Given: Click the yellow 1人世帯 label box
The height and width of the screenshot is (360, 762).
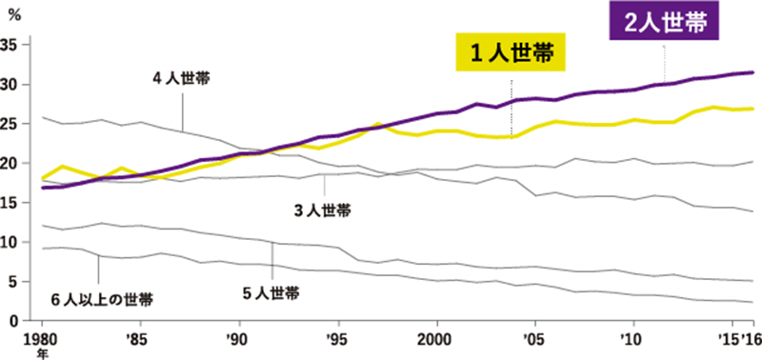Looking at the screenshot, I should [511, 53].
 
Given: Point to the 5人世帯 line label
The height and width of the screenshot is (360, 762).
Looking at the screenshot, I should [271, 293].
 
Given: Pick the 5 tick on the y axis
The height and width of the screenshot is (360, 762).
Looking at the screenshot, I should [14, 282].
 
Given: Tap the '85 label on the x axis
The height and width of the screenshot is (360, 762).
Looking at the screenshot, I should [139, 338].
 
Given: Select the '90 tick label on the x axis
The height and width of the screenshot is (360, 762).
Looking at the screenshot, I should [238, 338].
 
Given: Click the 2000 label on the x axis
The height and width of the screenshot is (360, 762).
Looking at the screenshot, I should [435, 338].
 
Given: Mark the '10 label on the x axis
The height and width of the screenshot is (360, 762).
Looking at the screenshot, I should [632, 338].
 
